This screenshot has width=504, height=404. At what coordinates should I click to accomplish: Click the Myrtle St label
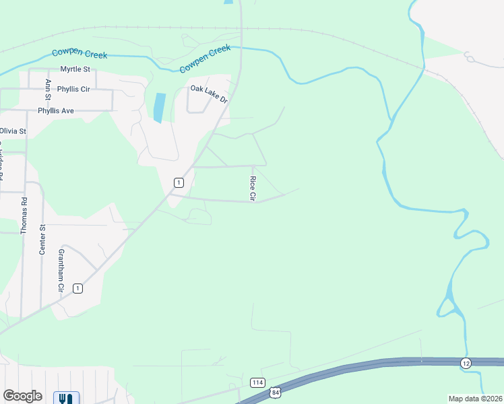pos(75,69)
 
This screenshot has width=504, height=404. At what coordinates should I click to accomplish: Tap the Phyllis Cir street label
pos(73,88)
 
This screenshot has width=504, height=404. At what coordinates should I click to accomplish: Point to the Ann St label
pos(48,89)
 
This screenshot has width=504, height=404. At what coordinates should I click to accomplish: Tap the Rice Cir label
pos(253,189)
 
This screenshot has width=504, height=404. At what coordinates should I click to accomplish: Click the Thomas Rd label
pos(24,215)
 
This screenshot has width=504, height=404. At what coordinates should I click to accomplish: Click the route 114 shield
pos(257,382)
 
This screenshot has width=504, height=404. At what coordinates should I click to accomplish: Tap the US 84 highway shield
pos(274,391)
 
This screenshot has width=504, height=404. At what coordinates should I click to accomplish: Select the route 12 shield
pos(466,363)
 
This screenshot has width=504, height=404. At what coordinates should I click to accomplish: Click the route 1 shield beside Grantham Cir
pos(78,288)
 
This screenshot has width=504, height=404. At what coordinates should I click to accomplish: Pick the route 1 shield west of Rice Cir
pos(179,182)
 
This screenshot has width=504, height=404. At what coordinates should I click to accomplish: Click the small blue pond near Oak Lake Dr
pos(159,108)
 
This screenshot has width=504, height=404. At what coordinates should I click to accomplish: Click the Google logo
pos(22,396)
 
